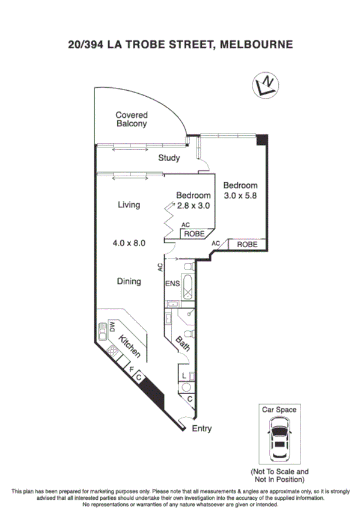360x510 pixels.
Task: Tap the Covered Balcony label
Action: point(132,119)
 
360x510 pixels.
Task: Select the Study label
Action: point(169,159)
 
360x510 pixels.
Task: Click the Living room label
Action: point(129,205)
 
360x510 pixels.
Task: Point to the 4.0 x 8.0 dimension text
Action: point(129,243)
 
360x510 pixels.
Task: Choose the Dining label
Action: point(129,281)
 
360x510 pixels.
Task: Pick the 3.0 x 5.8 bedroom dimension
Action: point(240,195)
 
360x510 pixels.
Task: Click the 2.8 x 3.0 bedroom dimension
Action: point(193,205)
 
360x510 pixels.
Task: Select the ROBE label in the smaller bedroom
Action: point(194,233)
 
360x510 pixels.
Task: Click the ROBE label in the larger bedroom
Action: point(247,245)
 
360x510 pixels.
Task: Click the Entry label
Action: point(202,429)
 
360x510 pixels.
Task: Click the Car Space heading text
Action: point(278,410)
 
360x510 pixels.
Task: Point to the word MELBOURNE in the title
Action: point(257,44)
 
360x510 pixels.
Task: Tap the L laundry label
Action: point(183,376)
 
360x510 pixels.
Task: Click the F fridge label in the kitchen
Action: point(131,370)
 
